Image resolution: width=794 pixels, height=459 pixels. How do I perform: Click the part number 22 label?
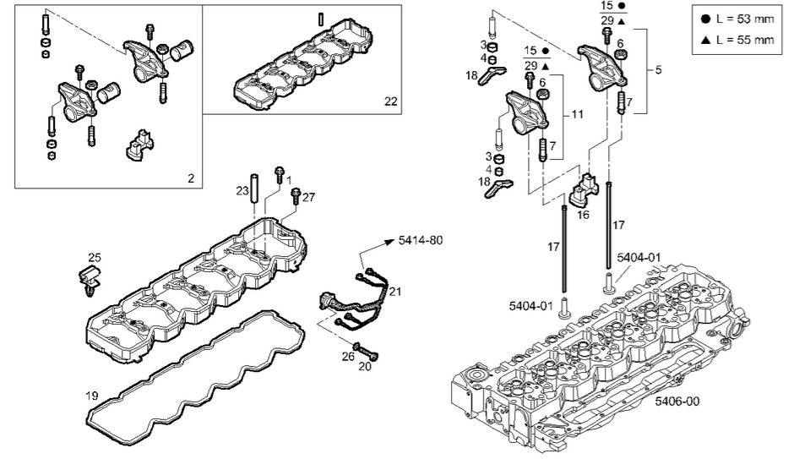(x=390, y=101)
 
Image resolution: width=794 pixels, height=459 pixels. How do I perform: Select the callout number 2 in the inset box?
(x=191, y=178)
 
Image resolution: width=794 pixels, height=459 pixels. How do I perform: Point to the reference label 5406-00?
(x=677, y=402)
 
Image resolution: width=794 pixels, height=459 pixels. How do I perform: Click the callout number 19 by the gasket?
(x=92, y=395)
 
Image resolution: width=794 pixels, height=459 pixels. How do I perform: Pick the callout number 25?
(x=95, y=255)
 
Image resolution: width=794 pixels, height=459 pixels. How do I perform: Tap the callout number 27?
(x=308, y=196)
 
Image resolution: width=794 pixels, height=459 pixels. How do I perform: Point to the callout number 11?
(x=576, y=112)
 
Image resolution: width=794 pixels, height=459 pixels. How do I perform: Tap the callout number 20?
(x=365, y=367)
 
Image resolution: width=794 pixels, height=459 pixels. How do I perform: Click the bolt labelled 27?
(x=295, y=198)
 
